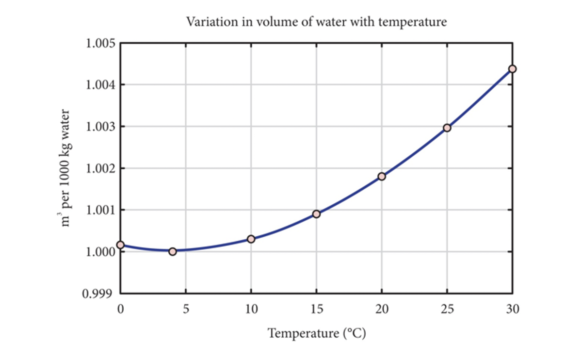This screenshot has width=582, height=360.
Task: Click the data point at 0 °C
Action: coord(120,245)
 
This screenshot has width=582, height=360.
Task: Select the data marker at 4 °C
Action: coord(173,251)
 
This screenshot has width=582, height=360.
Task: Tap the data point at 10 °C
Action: coord(251,239)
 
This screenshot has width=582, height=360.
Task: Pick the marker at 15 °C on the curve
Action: coord(316,214)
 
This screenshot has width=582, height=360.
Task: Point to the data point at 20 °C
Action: coord(382,176)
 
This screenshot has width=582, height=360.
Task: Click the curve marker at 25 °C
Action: coord(447,128)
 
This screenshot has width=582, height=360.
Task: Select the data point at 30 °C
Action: coord(513,69)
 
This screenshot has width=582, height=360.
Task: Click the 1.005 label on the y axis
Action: coord(100,44)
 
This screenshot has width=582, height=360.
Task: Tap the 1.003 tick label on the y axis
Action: coord(100,127)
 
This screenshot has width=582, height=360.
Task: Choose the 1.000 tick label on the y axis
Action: coord(100,252)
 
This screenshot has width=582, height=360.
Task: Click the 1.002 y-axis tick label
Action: coord(100,169)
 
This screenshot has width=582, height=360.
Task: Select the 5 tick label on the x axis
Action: coord(186,309)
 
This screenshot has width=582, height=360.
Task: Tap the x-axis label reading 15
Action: coord(316,309)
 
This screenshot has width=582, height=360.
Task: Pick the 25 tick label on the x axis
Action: coord(447,309)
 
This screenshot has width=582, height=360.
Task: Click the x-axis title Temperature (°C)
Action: coord(317,334)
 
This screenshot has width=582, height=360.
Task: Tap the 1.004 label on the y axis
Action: coord(100,85)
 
